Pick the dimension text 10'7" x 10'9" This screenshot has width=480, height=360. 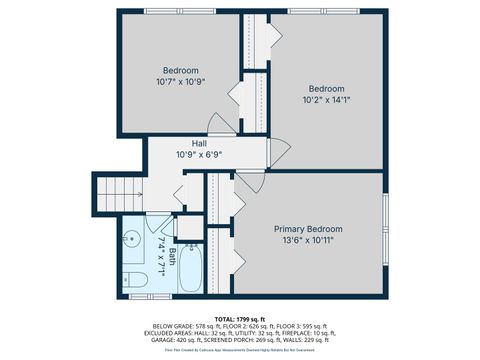pos(182,83)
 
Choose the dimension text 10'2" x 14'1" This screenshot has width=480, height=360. pos(326,100)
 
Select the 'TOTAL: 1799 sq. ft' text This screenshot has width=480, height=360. pos(239,318)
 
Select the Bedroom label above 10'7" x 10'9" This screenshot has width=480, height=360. pos(181,70)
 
